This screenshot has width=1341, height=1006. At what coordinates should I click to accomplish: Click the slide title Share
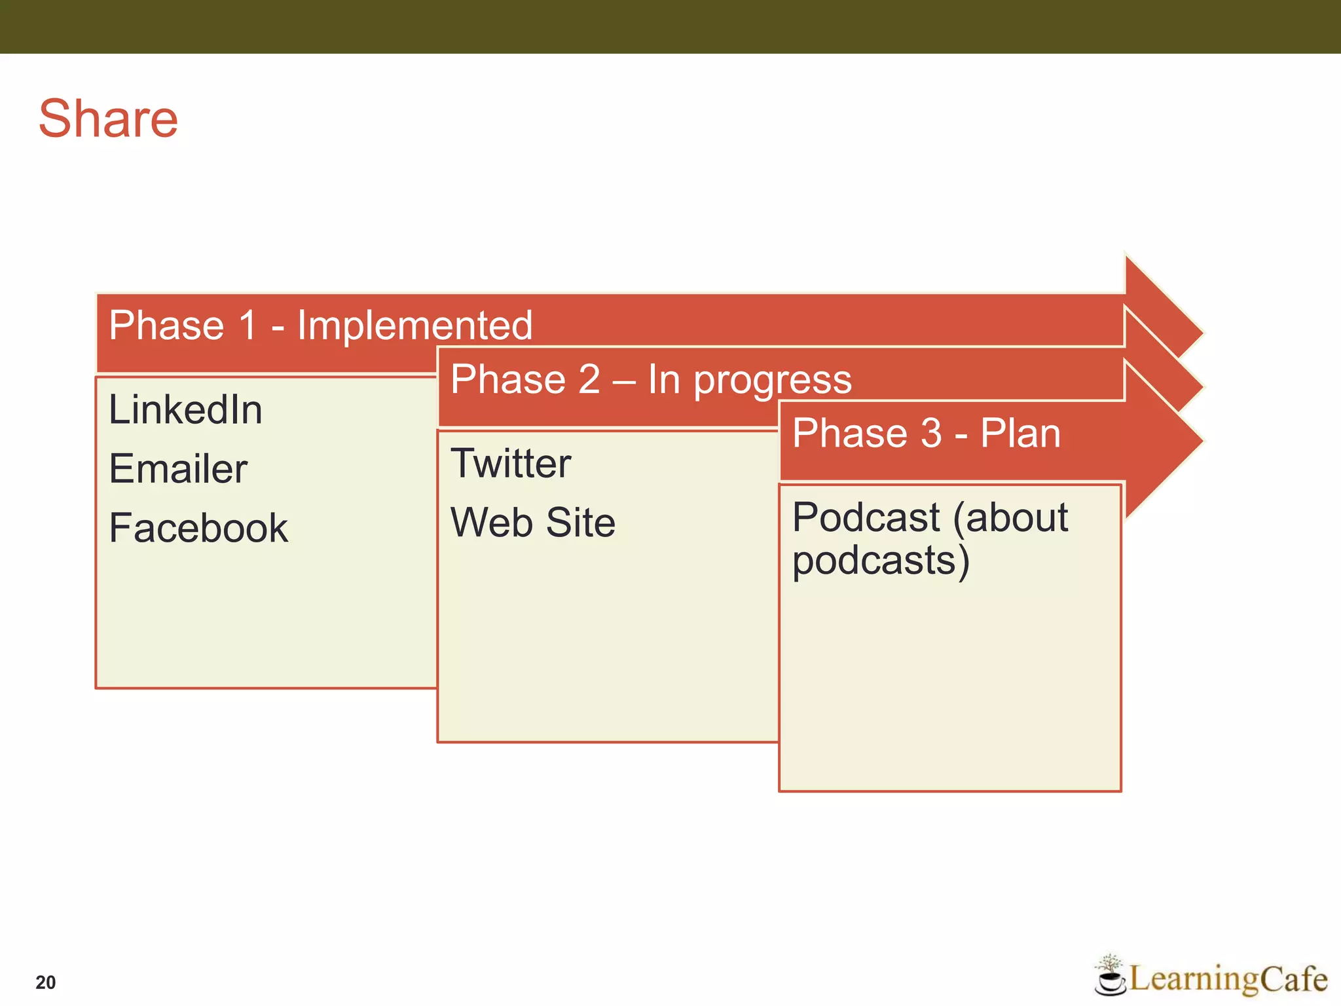(108, 119)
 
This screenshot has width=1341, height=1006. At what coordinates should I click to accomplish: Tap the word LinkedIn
(185, 410)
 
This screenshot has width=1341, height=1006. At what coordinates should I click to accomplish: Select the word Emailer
(178, 469)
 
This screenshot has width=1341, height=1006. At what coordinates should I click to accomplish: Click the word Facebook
(198, 528)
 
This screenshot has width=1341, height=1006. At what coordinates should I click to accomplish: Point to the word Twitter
(511, 464)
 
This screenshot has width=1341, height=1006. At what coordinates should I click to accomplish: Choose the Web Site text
(533, 523)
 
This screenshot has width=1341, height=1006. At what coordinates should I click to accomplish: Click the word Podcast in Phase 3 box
(866, 517)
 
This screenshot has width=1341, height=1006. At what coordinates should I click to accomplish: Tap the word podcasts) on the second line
(881, 561)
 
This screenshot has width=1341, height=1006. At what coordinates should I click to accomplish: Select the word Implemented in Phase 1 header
(414, 326)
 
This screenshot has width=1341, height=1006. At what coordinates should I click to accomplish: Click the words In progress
(750, 380)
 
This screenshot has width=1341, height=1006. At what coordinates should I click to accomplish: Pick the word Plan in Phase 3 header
(1020, 434)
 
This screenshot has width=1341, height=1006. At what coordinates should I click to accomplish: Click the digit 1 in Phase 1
(248, 326)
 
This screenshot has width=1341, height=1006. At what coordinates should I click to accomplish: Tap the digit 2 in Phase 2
(589, 380)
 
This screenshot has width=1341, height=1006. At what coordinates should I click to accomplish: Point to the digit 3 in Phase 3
(931, 434)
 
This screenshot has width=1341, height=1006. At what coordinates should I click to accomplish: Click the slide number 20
(46, 982)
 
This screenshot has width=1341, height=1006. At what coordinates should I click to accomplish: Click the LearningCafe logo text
(1228, 979)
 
